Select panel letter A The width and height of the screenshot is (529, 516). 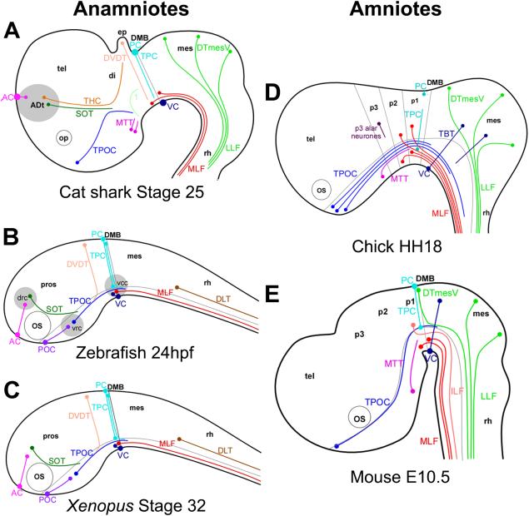click(12, 31)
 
